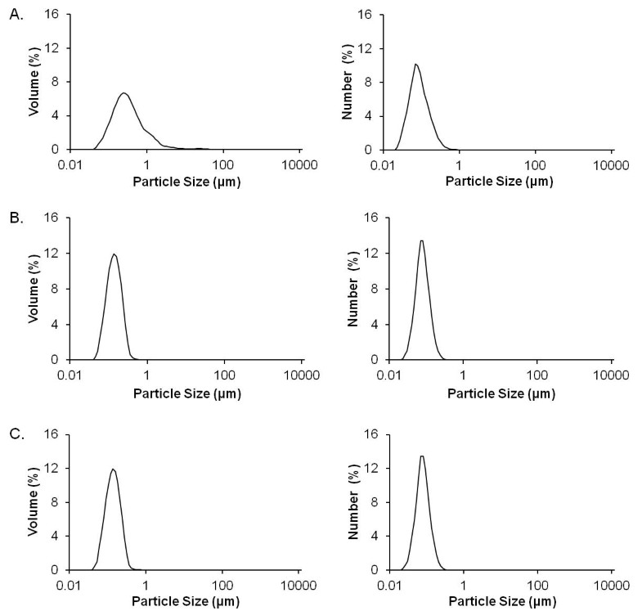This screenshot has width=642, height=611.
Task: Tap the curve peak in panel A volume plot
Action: [123, 93]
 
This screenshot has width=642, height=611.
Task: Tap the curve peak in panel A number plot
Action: [415, 64]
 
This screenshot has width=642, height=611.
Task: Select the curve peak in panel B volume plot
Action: [114, 254]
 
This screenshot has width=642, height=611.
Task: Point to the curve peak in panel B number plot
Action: [421, 240]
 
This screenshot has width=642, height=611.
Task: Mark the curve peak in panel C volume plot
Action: [113, 469]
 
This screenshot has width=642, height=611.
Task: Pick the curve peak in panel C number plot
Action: [421, 456]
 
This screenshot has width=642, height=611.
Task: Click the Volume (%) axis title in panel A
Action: [34, 82]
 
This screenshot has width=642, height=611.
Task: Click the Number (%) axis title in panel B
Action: [353, 290]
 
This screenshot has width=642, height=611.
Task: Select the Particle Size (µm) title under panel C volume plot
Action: [186, 604]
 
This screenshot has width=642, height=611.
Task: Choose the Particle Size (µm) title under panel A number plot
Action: [498, 182]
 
